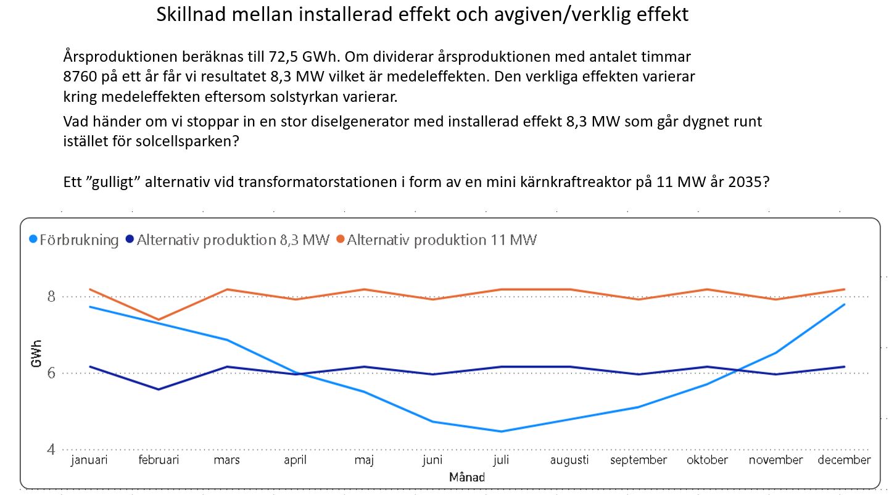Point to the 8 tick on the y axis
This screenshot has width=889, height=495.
[x=51, y=296]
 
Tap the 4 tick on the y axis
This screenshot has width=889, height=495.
[x=51, y=450]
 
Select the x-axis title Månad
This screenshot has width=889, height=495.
[x=467, y=477]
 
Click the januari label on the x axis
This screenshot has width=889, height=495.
[x=89, y=460]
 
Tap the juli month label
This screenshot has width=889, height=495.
[x=502, y=460]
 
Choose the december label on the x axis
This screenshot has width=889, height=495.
[x=844, y=460]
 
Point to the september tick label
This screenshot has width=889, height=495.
[x=639, y=460]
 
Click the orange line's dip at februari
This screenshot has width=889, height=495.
[x=159, y=320]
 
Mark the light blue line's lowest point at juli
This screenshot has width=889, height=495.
[x=502, y=431]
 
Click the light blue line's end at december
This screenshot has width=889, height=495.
[x=844, y=304]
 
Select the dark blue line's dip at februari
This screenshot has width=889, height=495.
[x=159, y=389]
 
